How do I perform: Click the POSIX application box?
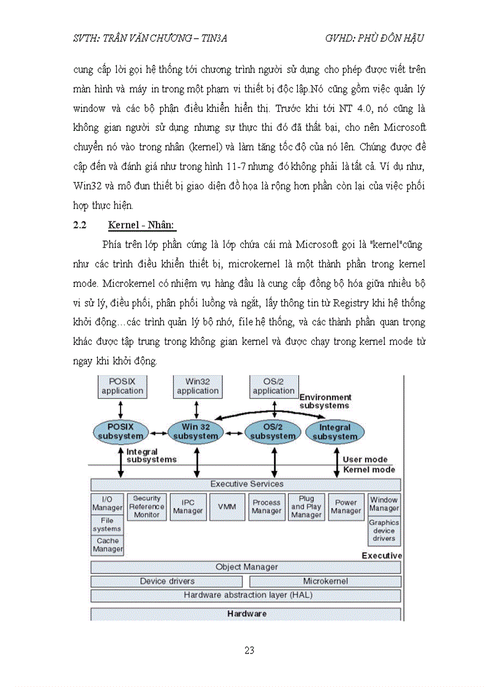(x=122, y=386)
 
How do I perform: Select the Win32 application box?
(x=198, y=386)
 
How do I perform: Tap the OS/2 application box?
(x=273, y=386)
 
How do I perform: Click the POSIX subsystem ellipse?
(x=121, y=431)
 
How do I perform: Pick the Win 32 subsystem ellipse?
(x=196, y=431)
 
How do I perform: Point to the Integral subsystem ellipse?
(x=335, y=432)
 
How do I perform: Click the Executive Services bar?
(x=246, y=484)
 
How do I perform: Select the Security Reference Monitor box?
(x=147, y=507)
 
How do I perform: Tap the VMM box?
(x=227, y=507)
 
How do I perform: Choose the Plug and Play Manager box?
(x=306, y=507)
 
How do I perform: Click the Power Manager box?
(x=346, y=507)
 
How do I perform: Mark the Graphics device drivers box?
(x=384, y=530)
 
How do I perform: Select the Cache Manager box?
(x=108, y=545)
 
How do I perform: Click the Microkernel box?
(x=325, y=581)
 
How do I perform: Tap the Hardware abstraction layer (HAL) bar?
(x=246, y=595)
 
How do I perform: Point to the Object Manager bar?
(x=246, y=567)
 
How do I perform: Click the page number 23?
(x=250, y=650)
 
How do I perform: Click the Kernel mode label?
(x=369, y=470)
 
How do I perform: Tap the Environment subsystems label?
(x=325, y=401)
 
